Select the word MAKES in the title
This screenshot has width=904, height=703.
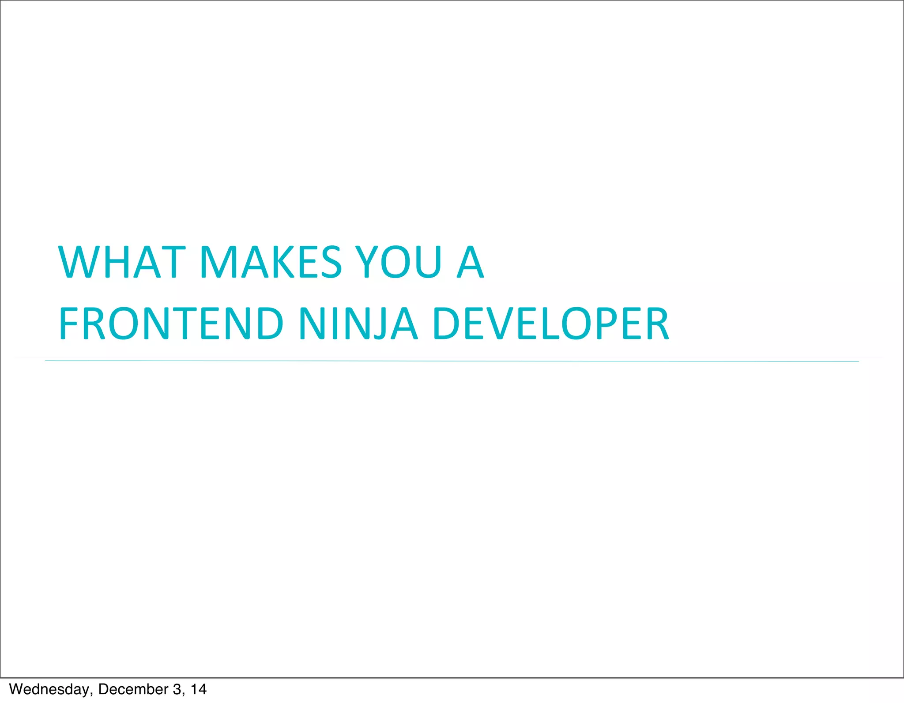click(x=271, y=262)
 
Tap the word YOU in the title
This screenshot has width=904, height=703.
click(x=399, y=262)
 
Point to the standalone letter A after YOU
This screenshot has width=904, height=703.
click(x=471, y=262)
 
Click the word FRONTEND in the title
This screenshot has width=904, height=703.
click(x=171, y=324)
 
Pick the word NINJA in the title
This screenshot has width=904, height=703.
click(x=358, y=324)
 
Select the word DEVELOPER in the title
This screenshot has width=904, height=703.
click(x=552, y=324)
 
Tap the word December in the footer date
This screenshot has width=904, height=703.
click(x=133, y=689)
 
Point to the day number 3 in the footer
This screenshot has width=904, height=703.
click(x=177, y=689)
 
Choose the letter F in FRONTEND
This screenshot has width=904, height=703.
click(x=68, y=324)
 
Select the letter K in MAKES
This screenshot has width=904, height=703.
click(x=283, y=262)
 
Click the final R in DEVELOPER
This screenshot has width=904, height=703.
click(x=657, y=324)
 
